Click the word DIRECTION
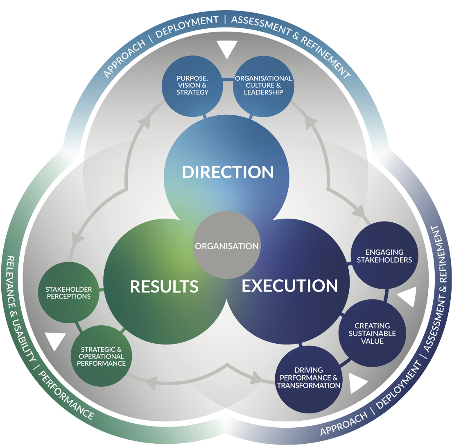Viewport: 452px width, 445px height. (x=228, y=172)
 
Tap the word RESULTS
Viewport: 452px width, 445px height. (x=164, y=286)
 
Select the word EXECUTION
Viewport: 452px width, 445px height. (x=289, y=285)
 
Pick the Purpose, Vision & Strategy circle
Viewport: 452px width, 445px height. (x=192, y=86)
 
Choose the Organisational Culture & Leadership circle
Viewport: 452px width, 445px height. (x=264, y=86)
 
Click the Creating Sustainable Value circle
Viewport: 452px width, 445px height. (x=372, y=333)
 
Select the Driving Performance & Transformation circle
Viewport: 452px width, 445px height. (x=308, y=378)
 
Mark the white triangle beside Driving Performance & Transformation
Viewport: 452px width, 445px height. (x=357, y=383)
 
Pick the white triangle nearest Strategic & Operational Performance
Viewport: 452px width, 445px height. (x=56, y=340)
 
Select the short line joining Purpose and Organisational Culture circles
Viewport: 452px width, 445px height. (x=228, y=78)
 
